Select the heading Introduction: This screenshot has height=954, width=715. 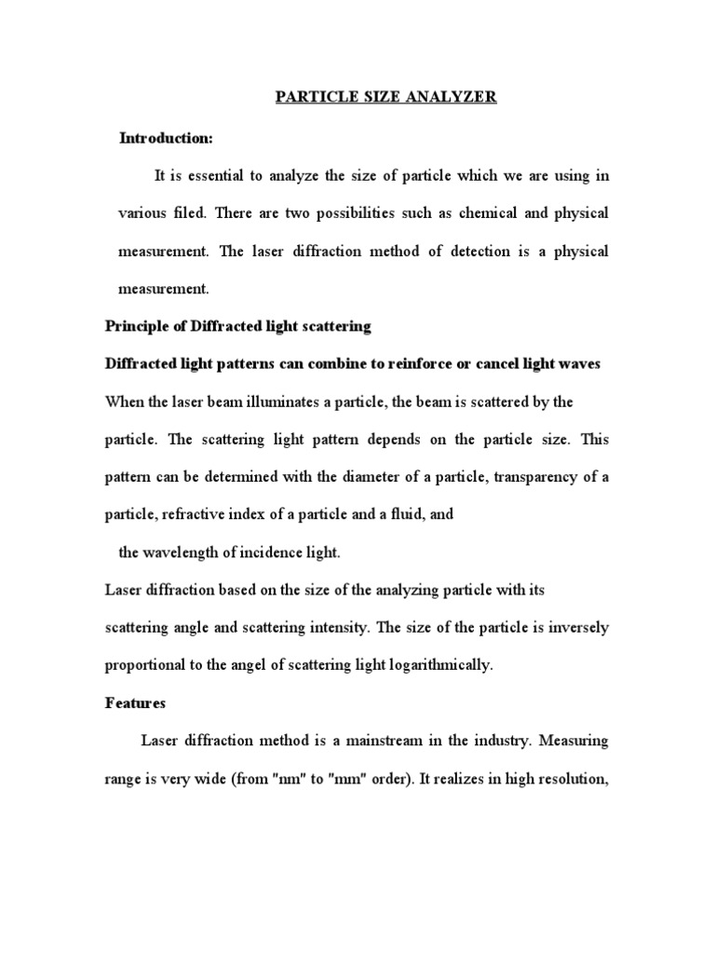(x=167, y=139)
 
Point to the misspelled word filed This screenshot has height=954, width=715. (x=193, y=213)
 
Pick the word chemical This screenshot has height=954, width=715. (x=498, y=213)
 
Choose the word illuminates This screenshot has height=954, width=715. (x=282, y=402)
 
